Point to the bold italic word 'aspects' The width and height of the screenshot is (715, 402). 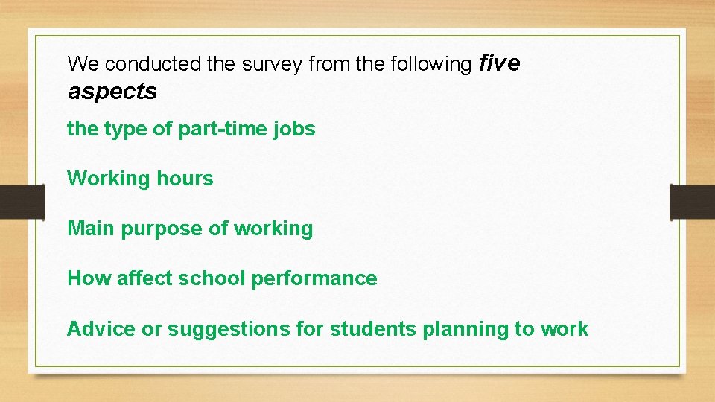(112, 92)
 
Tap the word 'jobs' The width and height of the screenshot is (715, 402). (298, 129)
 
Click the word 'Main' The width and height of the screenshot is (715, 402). (92, 229)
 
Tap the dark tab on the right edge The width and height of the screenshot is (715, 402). (693, 201)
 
